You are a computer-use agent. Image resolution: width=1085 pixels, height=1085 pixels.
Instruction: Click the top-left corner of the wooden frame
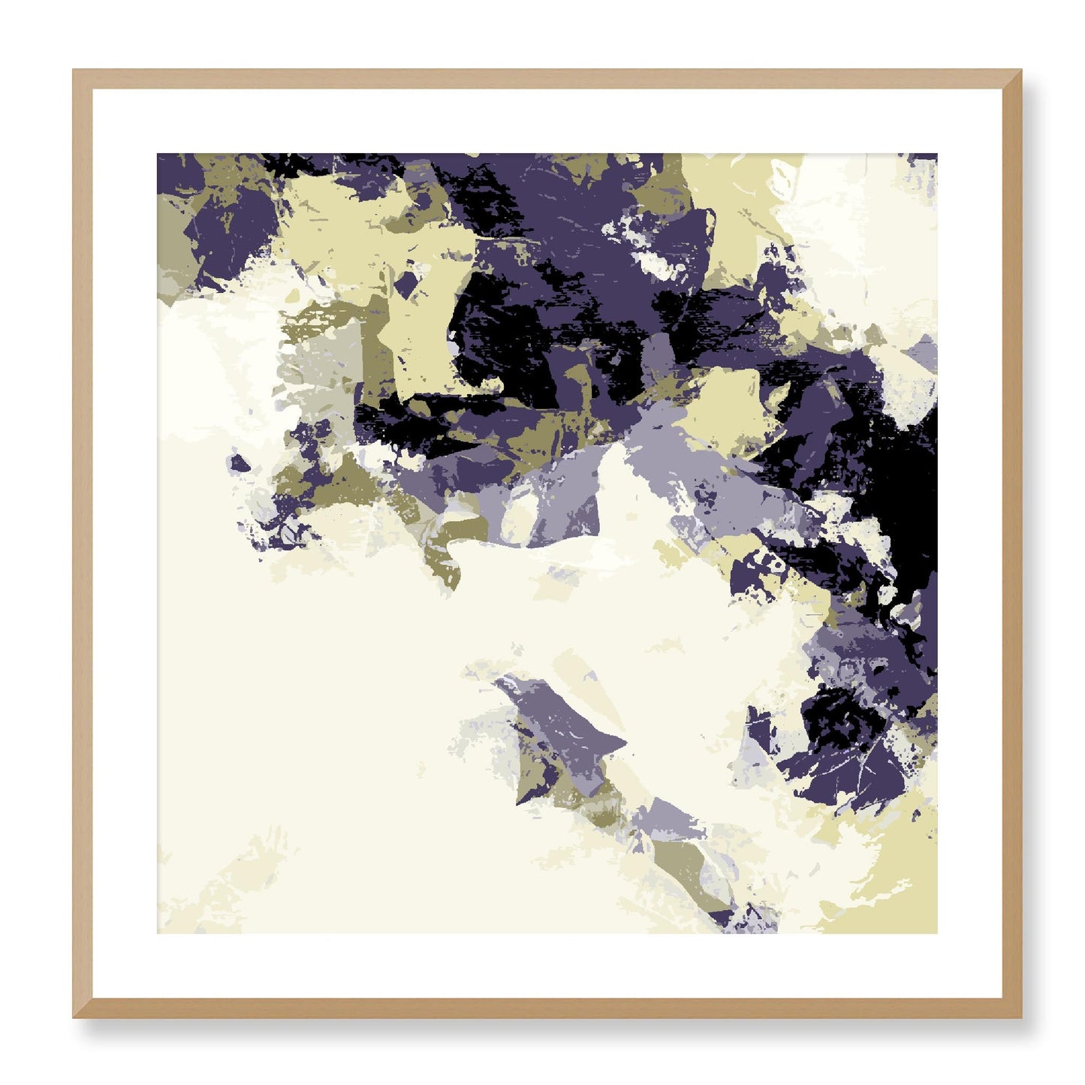pyautogui.click(x=76, y=73)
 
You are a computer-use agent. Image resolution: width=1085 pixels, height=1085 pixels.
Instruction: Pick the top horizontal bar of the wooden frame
pyautogui.click(x=547, y=79)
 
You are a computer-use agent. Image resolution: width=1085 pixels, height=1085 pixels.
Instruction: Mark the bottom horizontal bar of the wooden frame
pyautogui.click(x=547, y=1008)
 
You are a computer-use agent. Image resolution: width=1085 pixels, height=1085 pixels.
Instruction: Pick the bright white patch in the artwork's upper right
pyautogui.click(x=856, y=218)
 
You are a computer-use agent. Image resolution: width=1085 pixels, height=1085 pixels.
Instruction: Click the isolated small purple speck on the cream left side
pyautogui.click(x=239, y=463)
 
